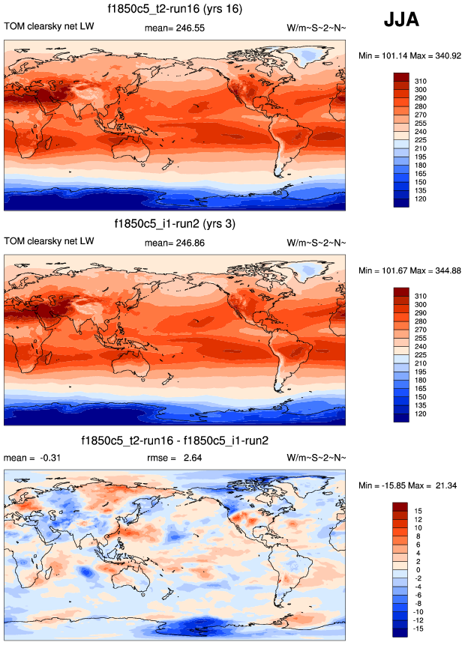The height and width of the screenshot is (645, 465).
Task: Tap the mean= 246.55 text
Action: (x=175, y=28)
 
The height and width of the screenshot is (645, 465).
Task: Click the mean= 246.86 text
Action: (x=175, y=243)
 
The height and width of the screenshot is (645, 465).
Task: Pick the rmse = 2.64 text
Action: (x=175, y=458)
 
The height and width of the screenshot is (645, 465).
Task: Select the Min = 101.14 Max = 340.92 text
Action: (x=409, y=55)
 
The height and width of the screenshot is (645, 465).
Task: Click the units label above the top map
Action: (x=316, y=28)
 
